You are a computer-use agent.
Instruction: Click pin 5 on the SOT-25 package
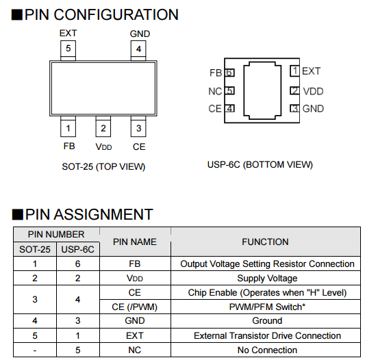tap(68, 51)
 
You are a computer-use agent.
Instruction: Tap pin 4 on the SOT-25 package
tap(138, 51)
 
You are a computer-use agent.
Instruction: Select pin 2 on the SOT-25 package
tap(103, 127)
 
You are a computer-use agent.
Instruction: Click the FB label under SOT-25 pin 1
tap(69, 146)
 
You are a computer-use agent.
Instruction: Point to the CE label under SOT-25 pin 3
tap(139, 147)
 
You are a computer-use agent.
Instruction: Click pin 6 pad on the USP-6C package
tap(229, 73)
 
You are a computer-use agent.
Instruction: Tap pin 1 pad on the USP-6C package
tap(294, 70)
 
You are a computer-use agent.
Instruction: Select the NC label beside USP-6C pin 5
tap(215, 91)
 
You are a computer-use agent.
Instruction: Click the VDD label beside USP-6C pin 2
tap(313, 91)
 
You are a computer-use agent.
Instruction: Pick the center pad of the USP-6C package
tap(262, 90)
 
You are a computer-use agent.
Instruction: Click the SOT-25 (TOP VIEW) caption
tap(103, 166)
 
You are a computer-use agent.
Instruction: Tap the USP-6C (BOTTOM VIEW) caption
tap(260, 164)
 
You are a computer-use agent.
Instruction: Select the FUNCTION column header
tap(265, 242)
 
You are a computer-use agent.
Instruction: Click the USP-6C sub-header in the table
tap(78, 249)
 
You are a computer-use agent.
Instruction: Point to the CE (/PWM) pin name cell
tap(134, 307)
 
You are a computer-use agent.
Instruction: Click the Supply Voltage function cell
tap(267, 279)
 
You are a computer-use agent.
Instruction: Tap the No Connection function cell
tap(267, 350)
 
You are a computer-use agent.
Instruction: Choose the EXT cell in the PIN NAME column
tap(135, 335)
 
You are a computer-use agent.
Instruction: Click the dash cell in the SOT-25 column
tap(35, 350)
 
